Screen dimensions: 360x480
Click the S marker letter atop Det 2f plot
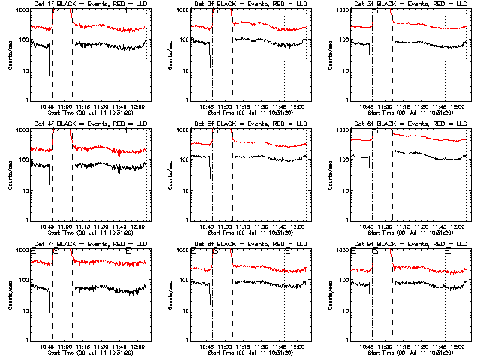[216, 11]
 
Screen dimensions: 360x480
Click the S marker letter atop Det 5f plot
[216, 131]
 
